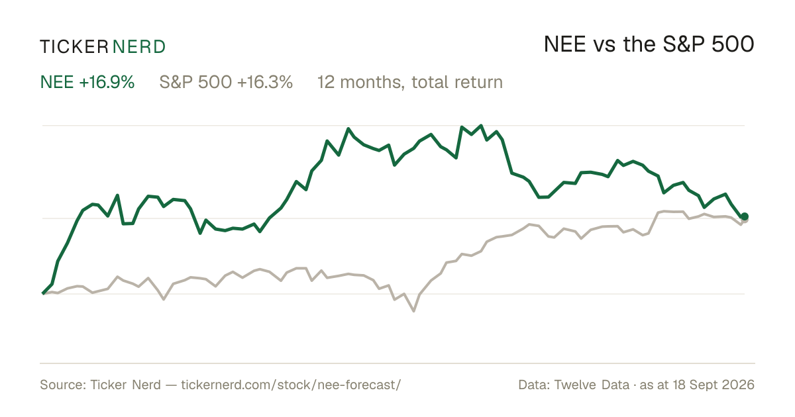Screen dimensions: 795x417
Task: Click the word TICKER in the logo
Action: click(74, 47)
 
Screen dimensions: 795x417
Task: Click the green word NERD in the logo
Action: click(138, 47)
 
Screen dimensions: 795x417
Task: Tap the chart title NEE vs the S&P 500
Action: click(649, 44)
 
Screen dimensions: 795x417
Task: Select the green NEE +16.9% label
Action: click(87, 82)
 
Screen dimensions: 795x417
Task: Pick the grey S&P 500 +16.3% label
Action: click(226, 82)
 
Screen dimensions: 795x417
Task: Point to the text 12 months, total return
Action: click(410, 83)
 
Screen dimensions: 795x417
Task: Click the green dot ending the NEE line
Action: click(745, 216)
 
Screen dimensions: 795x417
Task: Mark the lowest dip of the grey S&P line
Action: click(414, 311)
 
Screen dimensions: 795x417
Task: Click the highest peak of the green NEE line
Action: click(481, 126)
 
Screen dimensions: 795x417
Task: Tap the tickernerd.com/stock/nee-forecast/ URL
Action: click(291, 385)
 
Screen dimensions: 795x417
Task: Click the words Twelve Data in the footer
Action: click(592, 385)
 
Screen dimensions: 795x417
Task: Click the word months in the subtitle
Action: click(372, 83)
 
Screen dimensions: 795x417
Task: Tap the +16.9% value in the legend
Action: click(107, 82)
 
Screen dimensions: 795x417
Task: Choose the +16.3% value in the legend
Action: click(265, 82)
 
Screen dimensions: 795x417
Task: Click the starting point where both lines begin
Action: click(43, 294)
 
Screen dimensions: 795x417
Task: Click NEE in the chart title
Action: click(565, 44)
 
